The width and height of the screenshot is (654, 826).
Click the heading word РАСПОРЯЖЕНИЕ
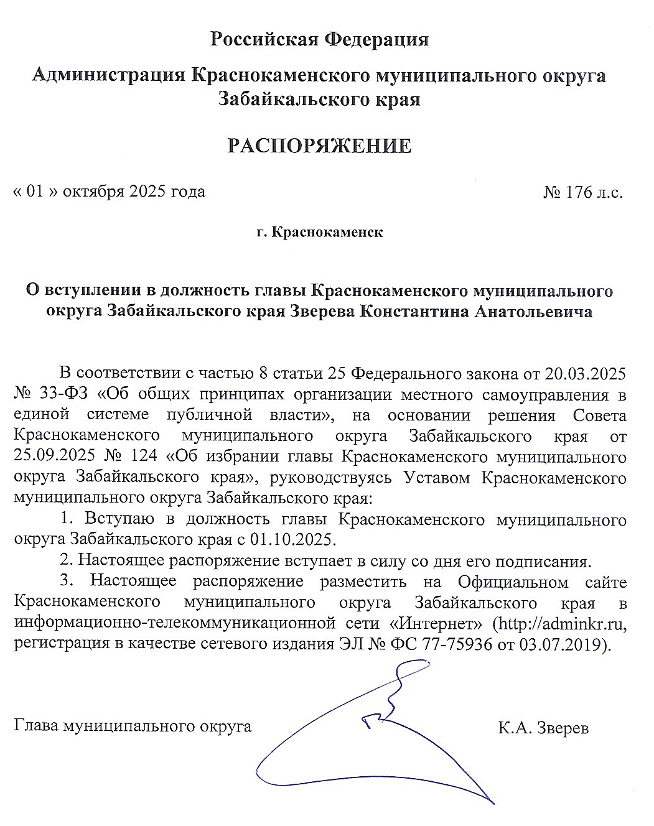[319, 146]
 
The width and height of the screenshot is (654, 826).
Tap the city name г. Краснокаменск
[319, 233]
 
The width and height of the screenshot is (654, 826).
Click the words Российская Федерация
[320, 39]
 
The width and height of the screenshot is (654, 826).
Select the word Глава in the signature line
[36, 726]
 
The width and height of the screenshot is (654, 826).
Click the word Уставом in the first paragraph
[440, 478]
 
